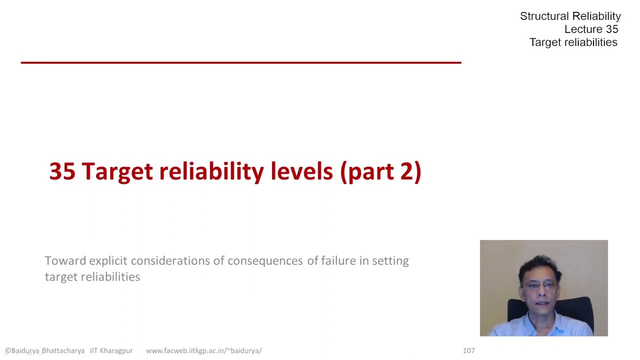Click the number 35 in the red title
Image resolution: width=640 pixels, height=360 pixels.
(x=62, y=171)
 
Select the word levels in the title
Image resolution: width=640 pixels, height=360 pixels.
(x=301, y=171)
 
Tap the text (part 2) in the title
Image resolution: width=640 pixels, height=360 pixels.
(x=381, y=171)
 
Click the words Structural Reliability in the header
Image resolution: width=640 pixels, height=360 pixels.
(x=570, y=16)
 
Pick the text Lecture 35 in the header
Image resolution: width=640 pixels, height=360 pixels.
(x=591, y=29)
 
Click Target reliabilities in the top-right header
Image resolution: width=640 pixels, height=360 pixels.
(x=573, y=42)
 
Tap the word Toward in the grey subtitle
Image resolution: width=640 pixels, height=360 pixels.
(x=65, y=260)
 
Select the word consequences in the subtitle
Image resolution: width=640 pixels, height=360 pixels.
(x=265, y=260)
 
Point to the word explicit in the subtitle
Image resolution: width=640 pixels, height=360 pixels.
(x=108, y=260)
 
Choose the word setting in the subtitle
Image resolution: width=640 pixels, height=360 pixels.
(x=390, y=260)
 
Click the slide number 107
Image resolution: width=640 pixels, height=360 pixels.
(x=468, y=350)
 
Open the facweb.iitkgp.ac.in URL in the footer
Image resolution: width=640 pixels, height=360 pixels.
(x=203, y=350)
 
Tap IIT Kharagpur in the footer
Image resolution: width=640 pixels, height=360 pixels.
(x=111, y=350)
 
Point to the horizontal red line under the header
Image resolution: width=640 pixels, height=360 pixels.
(x=240, y=62)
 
